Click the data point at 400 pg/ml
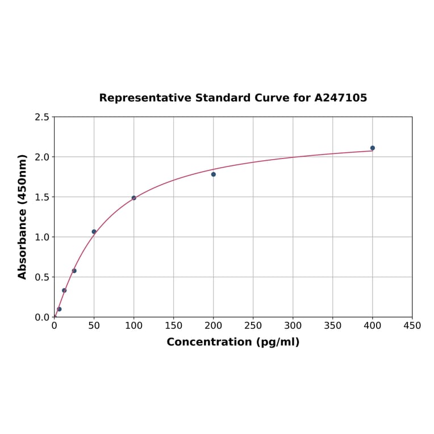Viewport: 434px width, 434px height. point(373,148)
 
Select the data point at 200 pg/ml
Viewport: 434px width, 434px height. point(214,174)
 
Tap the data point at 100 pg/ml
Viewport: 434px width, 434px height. point(134,198)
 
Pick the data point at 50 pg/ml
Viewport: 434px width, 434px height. point(94,232)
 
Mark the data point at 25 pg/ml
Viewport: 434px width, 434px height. point(74,271)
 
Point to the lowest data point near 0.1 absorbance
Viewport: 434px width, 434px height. point(59,309)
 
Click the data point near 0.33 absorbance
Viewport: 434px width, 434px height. point(64,290)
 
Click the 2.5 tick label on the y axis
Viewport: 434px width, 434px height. point(42,117)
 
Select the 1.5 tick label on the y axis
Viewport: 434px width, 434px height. point(42,197)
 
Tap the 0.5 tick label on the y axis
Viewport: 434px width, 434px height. point(42,277)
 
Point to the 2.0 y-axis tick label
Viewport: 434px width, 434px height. point(42,157)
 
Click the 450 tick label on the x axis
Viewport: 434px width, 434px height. point(412,326)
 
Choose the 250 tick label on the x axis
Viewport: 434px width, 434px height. point(253,326)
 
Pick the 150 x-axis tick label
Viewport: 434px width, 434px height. point(174,326)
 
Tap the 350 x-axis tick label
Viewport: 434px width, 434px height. point(333,326)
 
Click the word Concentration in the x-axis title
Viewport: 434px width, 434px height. point(208,343)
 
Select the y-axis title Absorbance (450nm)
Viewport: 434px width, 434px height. point(23,216)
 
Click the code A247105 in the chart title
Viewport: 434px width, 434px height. point(341,98)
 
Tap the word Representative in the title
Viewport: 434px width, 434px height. point(145,98)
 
